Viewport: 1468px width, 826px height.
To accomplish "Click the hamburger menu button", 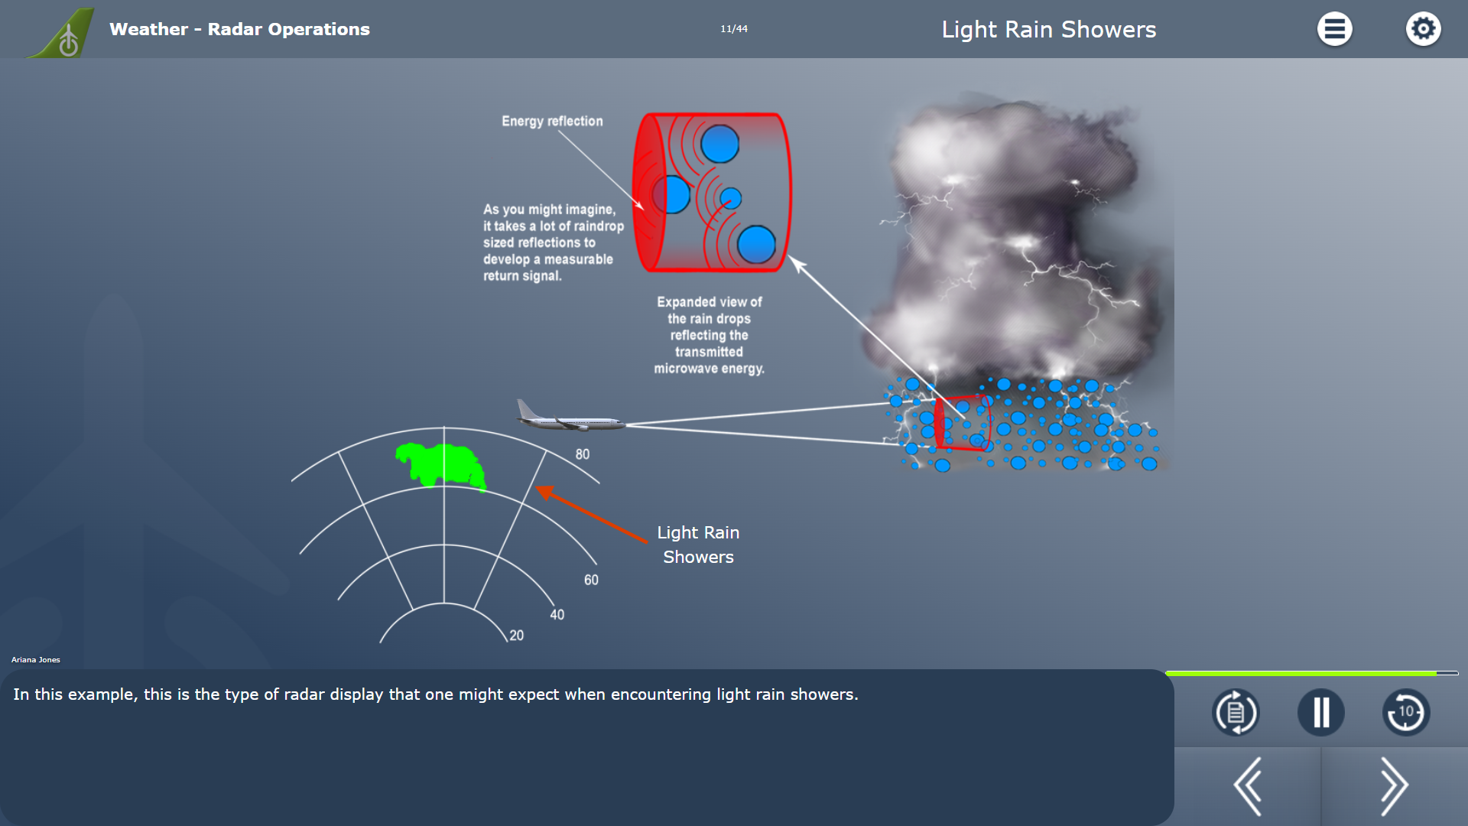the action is point(1334,29).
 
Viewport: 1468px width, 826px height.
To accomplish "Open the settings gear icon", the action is point(1423,29).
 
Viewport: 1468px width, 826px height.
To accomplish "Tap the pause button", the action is point(1320,713).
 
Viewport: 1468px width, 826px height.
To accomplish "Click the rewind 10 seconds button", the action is point(1406,713).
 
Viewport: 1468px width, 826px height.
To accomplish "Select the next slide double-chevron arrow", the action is point(1394,786).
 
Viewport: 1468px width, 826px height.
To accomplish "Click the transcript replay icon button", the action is point(1236,713).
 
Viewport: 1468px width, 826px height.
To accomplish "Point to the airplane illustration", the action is point(570,417).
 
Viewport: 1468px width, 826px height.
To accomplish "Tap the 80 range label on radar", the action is point(583,454).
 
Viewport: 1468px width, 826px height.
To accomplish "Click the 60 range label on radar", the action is point(591,580).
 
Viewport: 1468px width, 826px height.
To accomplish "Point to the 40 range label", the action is point(557,615).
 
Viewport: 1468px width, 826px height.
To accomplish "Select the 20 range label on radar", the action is point(517,636).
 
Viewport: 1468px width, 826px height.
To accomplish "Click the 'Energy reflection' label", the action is point(552,121).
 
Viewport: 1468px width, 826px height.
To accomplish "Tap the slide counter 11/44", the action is point(734,29).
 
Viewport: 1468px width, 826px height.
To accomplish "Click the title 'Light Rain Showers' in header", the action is point(1049,29).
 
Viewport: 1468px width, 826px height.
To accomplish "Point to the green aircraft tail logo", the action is point(63,34).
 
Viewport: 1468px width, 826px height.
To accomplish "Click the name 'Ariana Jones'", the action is point(36,659).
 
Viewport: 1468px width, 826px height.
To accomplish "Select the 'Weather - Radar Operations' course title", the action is point(239,29).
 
